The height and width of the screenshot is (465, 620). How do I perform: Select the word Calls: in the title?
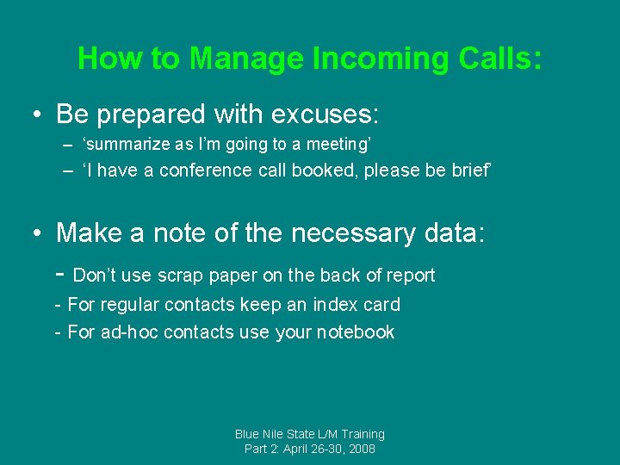(x=500, y=59)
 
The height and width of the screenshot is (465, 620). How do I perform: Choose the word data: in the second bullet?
(x=453, y=233)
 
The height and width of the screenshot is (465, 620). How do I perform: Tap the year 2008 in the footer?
(x=360, y=449)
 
